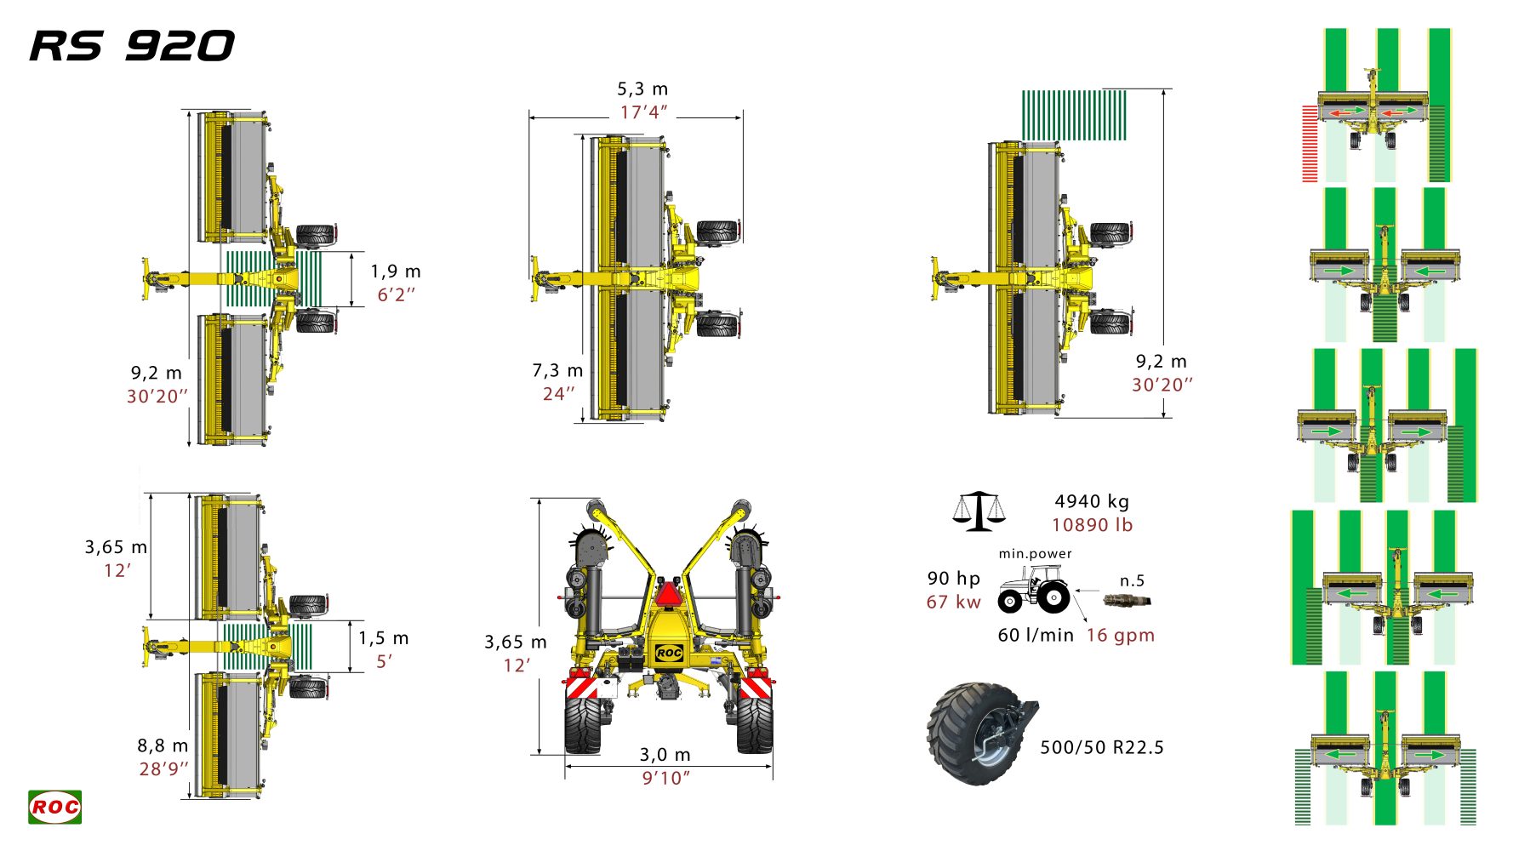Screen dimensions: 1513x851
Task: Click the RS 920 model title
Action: [132, 46]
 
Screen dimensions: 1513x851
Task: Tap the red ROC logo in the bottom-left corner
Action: [55, 807]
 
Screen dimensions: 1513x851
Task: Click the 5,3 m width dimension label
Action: [642, 89]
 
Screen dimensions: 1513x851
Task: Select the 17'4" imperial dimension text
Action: [643, 112]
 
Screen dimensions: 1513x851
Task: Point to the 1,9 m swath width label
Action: [396, 271]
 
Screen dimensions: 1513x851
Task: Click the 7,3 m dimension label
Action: [557, 371]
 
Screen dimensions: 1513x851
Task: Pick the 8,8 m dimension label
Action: [163, 745]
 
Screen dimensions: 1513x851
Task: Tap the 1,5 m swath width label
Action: [383, 638]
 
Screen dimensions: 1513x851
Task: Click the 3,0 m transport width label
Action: [665, 755]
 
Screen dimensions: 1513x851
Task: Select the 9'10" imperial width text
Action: [665, 778]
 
